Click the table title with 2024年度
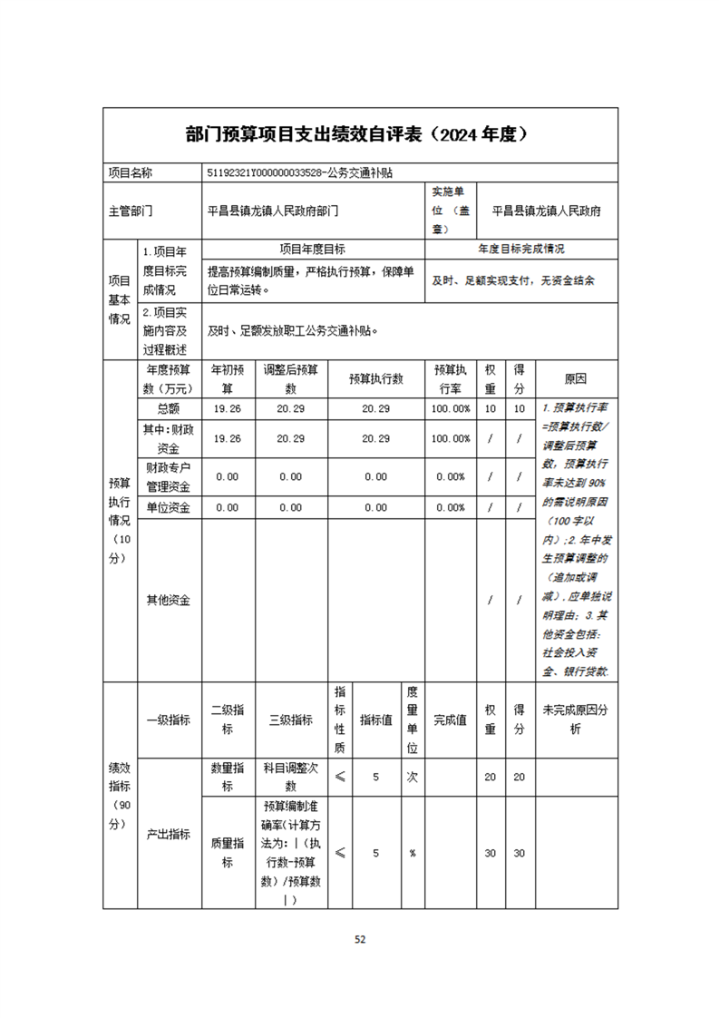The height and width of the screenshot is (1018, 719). tap(360, 135)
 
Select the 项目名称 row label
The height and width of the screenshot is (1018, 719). tap(131, 172)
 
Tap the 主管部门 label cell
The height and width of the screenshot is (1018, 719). tap(131, 210)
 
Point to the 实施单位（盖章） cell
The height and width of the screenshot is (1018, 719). tap(451, 210)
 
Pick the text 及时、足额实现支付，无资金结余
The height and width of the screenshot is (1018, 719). tap(513, 280)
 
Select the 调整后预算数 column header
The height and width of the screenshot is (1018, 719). tap(290, 378)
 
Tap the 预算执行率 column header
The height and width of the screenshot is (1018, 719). tap(451, 378)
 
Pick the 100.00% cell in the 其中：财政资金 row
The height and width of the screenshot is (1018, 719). tap(451, 438)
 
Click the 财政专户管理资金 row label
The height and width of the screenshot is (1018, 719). tap(169, 475)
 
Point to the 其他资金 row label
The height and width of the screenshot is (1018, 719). tap(169, 600)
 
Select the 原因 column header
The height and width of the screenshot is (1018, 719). tap(576, 378)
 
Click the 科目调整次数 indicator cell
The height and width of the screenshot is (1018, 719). tap(290, 777)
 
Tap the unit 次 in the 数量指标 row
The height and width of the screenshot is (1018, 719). tap(412, 777)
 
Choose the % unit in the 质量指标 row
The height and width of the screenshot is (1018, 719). tap(412, 853)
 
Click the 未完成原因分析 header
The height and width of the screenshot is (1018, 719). tap(576, 719)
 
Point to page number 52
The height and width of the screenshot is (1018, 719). tap(360, 939)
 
